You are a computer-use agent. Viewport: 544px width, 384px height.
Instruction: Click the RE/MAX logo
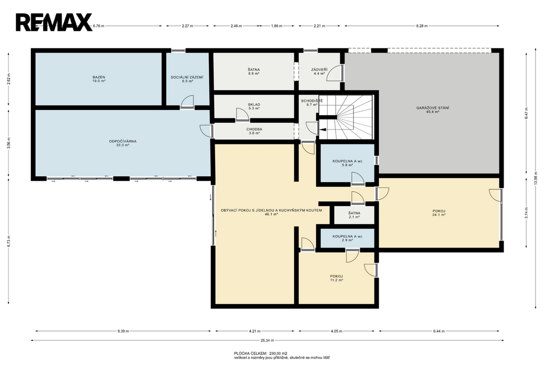(x=54, y=22)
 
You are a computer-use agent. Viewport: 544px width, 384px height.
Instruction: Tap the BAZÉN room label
(x=99, y=77)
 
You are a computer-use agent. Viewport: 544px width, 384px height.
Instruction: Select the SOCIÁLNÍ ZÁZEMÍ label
(x=187, y=77)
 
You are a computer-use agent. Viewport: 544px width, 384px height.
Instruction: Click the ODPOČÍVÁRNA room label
(x=123, y=141)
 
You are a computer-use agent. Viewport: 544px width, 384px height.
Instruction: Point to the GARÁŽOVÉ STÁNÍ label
(x=432, y=108)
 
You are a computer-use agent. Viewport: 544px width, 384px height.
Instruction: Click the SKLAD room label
(x=254, y=105)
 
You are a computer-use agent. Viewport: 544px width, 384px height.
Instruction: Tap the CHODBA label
(x=254, y=129)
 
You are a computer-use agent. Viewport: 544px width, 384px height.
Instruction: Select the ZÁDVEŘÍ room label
(x=319, y=70)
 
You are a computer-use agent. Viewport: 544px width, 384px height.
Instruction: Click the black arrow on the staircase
(x=322, y=130)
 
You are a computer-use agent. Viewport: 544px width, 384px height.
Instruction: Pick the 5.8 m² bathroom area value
(x=347, y=165)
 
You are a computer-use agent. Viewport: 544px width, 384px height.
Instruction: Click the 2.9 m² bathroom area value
(x=347, y=240)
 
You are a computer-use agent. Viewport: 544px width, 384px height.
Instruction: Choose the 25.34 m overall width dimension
(x=268, y=340)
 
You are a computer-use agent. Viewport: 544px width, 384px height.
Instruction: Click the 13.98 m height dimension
(x=536, y=182)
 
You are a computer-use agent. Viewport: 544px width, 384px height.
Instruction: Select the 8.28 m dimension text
(x=421, y=25)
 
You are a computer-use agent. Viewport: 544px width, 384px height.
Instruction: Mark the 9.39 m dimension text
(x=123, y=331)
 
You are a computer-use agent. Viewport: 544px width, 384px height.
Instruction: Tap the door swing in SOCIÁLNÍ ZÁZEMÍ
(x=187, y=101)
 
